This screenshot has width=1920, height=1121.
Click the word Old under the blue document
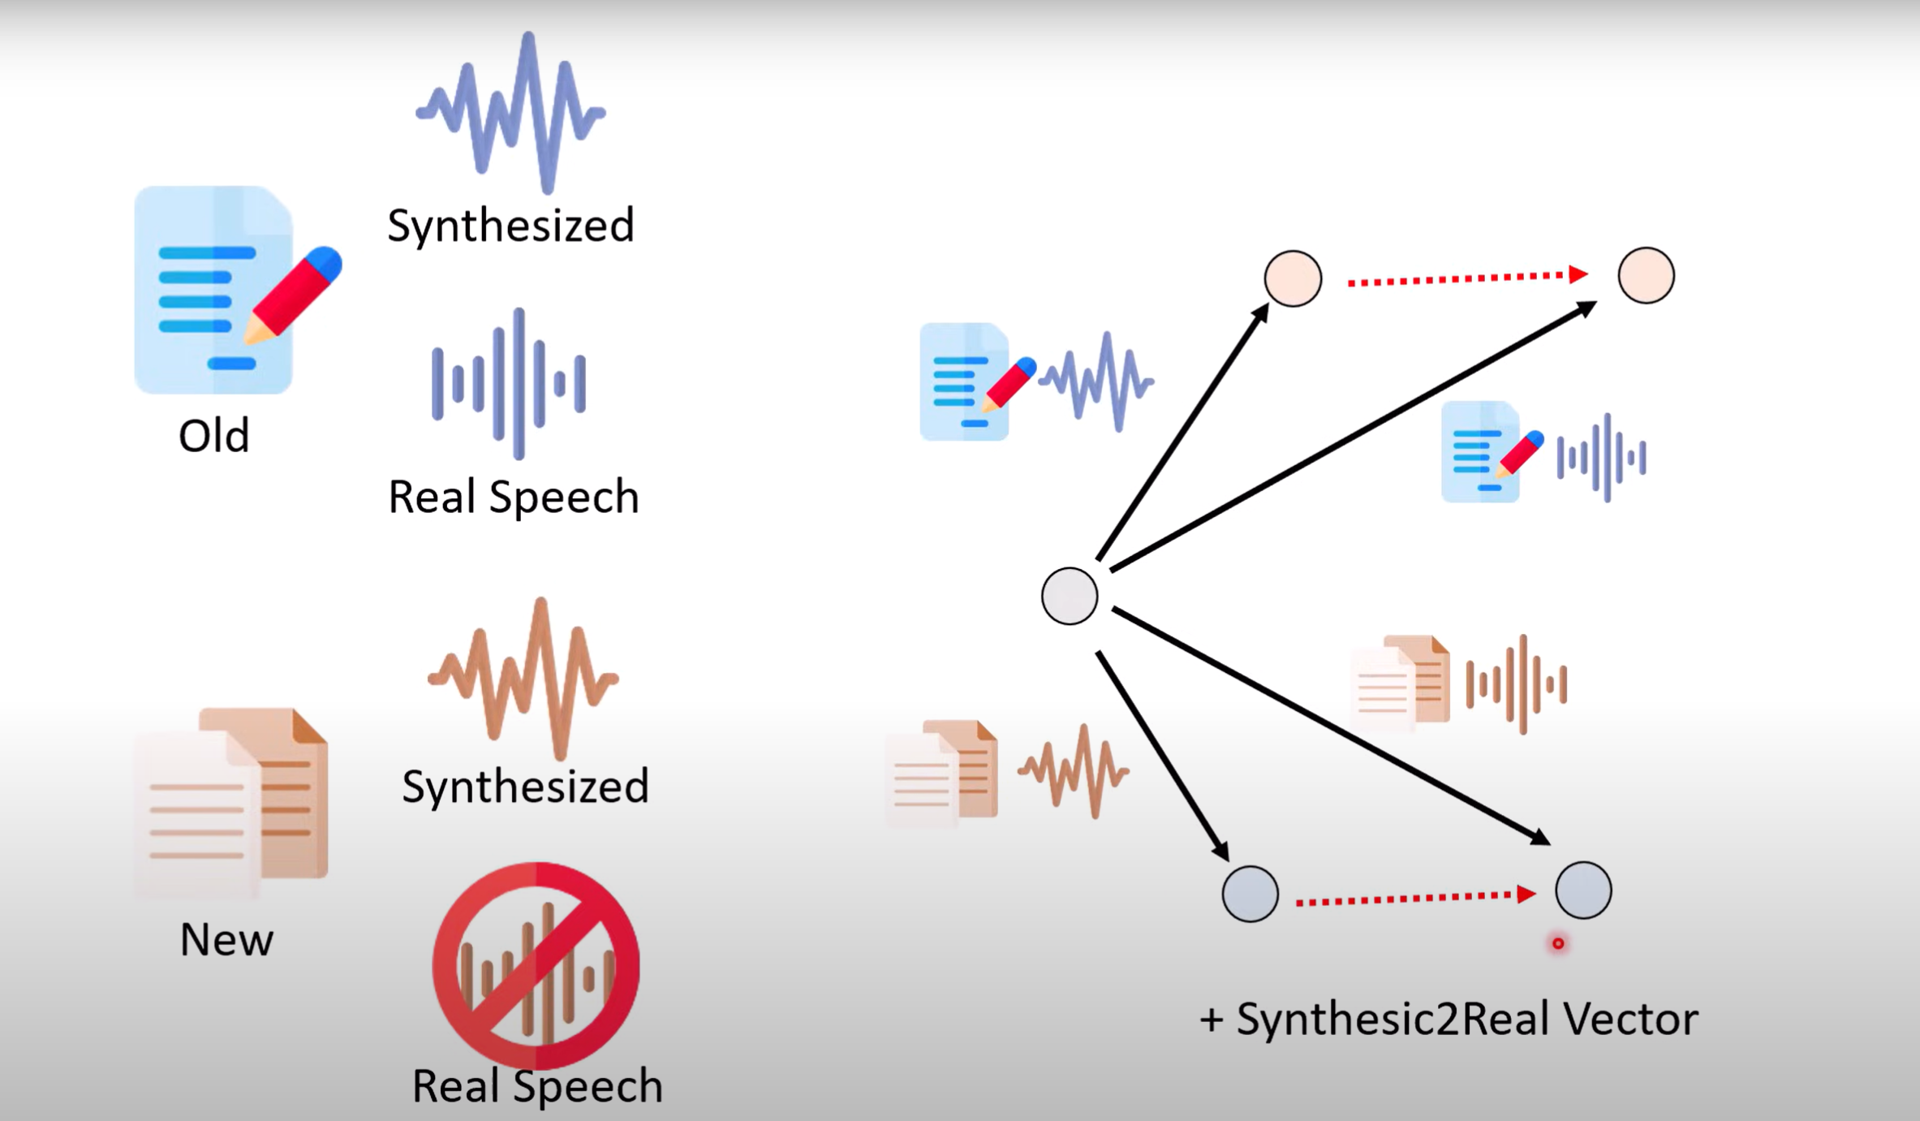(213, 436)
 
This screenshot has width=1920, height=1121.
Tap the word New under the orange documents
(226, 940)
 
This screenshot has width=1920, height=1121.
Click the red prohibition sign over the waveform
(536, 966)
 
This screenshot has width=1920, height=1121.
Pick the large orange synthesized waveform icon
(523, 678)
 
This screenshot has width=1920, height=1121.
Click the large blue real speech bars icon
(510, 383)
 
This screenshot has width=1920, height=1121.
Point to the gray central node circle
(1070, 596)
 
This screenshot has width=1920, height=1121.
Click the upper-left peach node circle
(1293, 278)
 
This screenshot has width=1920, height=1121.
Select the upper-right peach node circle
(1646, 276)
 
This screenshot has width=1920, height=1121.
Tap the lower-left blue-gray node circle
(1250, 894)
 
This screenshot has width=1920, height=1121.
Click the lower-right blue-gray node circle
(1583, 890)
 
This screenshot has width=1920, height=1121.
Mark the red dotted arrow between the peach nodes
(1467, 278)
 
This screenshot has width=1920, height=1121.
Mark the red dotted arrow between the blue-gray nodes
(1415, 898)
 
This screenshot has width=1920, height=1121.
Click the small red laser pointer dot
(1558, 943)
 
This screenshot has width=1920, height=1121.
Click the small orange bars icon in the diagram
(1516, 684)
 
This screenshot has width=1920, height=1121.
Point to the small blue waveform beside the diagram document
(1096, 381)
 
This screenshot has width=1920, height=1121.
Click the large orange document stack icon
(235, 800)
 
